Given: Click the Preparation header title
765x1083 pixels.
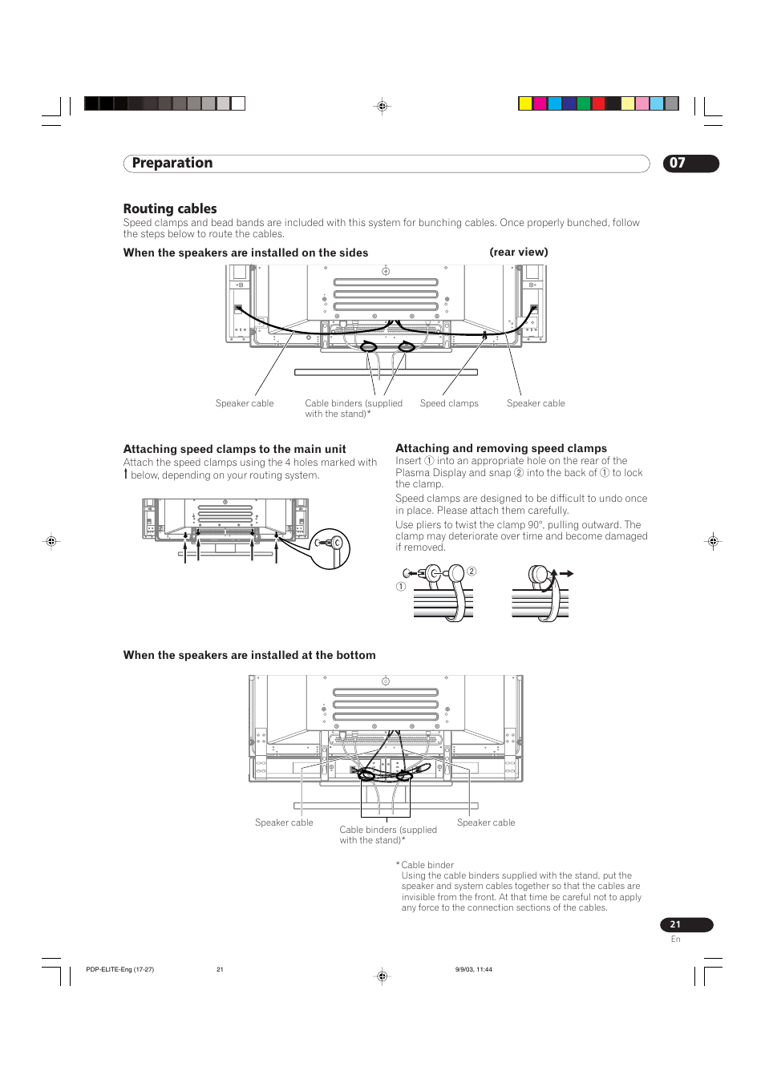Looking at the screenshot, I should click(172, 163).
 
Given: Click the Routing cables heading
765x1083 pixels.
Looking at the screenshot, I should click(170, 208).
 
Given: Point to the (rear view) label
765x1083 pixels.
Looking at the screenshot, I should click(519, 252).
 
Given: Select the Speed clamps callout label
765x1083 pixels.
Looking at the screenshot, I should click(449, 403).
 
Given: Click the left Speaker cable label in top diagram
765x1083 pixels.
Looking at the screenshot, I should click(245, 403).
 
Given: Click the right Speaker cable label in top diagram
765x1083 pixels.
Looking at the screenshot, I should click(536, 403).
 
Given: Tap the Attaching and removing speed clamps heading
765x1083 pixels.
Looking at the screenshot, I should click(501, 448).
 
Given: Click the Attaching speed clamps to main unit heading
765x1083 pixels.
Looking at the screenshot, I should click(234, 449).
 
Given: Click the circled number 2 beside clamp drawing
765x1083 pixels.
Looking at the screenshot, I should click(472, 572).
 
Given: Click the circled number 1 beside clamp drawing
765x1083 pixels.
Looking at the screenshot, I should click(401, 587).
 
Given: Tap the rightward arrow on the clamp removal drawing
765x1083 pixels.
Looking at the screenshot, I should click(566, 573).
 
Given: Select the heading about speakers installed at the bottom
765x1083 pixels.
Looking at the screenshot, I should click(249, 655).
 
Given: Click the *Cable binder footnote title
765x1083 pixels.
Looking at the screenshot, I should click(427, 865).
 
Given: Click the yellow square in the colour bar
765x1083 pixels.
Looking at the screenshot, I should click(525, 103).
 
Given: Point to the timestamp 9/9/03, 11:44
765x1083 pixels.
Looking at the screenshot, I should click(473, 969).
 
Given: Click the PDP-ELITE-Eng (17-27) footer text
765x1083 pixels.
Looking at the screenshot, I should click(119, 969).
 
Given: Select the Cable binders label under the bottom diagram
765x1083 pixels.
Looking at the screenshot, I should click(387, 834).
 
